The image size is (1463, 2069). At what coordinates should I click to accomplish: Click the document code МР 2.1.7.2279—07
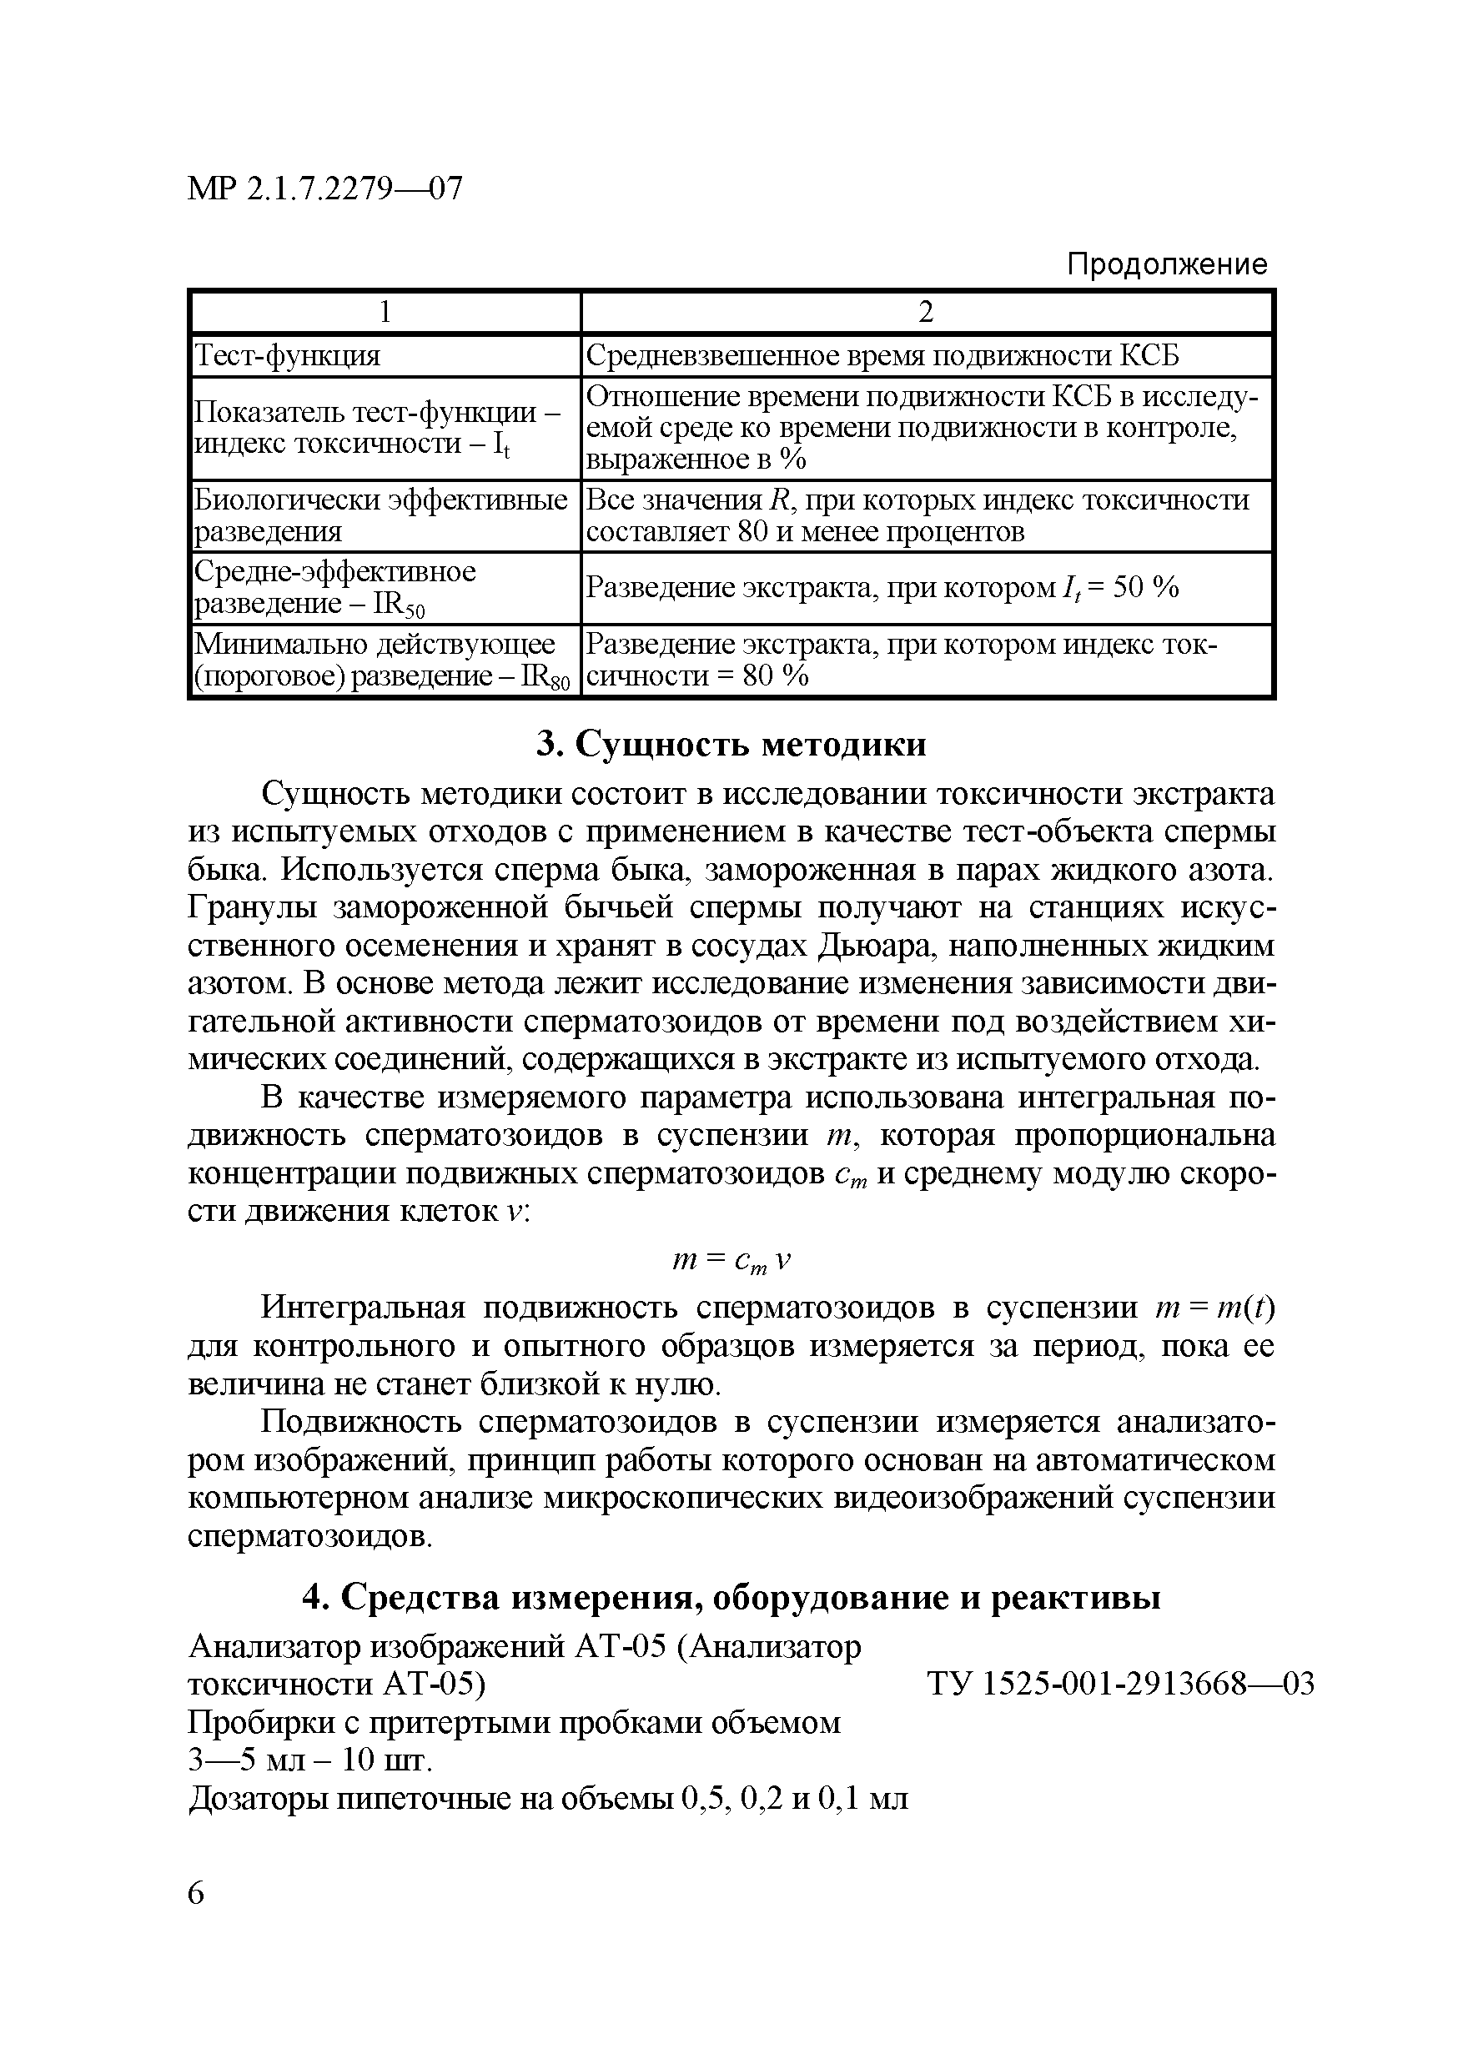click(324, 188)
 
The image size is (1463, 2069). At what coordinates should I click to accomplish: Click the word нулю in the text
click(669, 1384)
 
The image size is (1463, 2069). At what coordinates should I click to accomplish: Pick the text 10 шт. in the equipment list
click(382, 1760)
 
